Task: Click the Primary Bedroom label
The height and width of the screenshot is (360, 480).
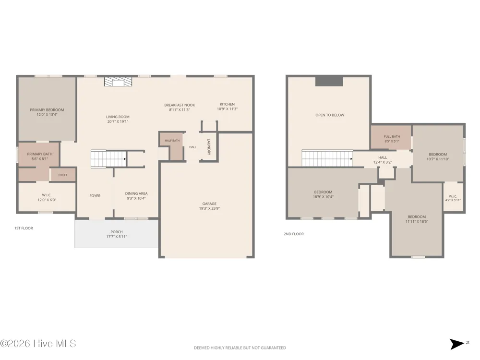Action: click(47, 110)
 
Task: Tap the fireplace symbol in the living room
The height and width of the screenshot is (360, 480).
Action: click(118, 82)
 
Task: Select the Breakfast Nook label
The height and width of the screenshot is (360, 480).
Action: click(180, 105)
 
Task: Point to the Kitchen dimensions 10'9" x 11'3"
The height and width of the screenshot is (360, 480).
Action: click(227, 109)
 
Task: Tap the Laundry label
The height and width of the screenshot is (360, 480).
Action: click(209, 147)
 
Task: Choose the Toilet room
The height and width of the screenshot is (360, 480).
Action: click(63, 175)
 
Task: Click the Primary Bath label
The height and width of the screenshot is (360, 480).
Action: click(40, 154)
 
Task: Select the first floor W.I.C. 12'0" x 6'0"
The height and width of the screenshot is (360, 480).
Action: click(47, 197)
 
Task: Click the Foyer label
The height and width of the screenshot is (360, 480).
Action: click(95, 196)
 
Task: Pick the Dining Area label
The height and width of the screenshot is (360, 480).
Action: click(136, 193)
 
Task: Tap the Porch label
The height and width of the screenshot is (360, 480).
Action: click(117, 232)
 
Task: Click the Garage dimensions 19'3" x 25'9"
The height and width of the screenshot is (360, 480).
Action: click(209, 208)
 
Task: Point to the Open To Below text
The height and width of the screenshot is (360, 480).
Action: click(330, 115)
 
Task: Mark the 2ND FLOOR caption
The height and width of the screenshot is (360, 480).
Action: click(294, 234)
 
